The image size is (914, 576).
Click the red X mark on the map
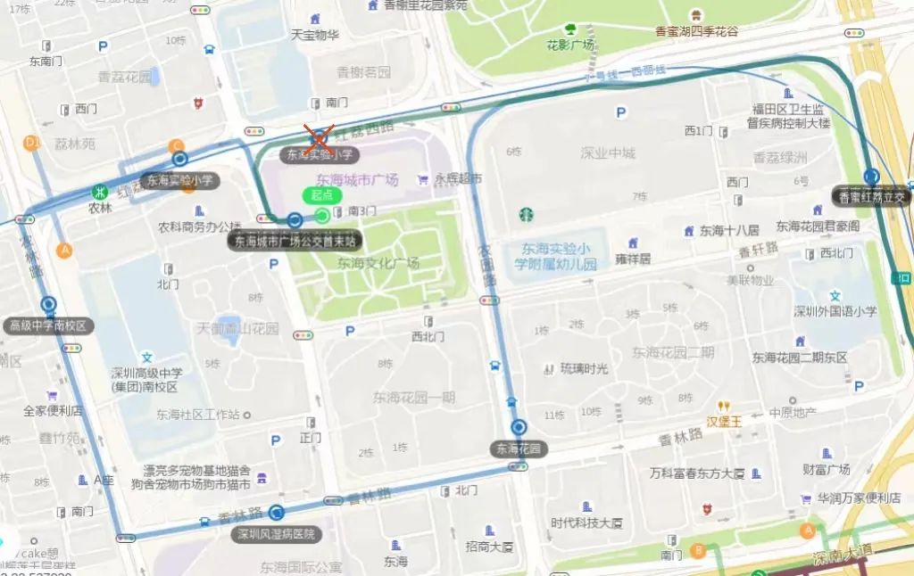tap(318, 137)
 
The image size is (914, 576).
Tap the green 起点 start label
tap(321, 195)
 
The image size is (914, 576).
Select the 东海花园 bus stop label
tap(519, 448)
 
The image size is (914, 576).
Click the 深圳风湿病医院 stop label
tap(276, 534)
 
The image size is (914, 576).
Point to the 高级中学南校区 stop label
tap(48, 325)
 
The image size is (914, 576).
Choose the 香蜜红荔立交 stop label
tap(871, 196)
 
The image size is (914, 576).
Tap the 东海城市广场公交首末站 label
tap(295, 240)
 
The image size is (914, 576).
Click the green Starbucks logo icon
tap(526, 214)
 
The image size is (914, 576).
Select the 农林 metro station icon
tap(103, 191)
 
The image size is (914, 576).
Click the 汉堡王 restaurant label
tap(724, 421)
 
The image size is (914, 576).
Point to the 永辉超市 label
tap(459, 179)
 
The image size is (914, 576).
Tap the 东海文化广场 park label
tap(378, 263)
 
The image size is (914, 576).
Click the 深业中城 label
tap(608, 152)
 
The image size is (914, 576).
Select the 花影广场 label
tap(571, 45)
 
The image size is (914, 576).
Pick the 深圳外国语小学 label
tap(835, 311)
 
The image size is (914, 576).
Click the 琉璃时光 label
tap(584, 367)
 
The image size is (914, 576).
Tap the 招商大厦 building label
tap(489, 546)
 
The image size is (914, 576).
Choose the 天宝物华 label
tap(315, 35)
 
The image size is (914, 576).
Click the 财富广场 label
tap(826, 469)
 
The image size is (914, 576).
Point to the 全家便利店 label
tap(53, 411)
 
